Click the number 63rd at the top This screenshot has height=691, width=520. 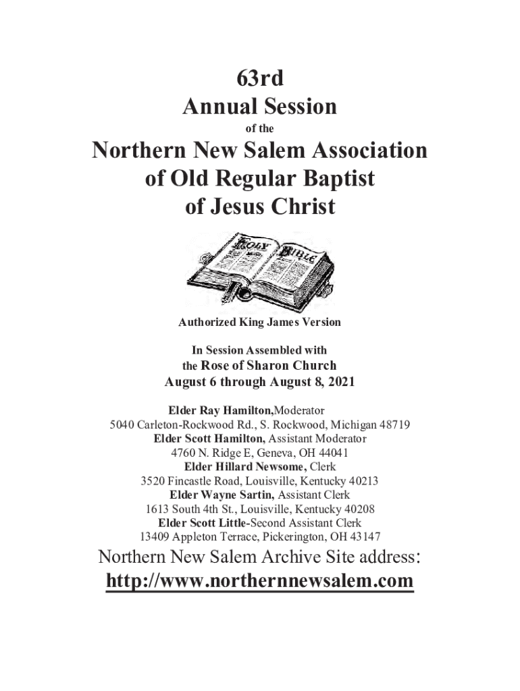pyautogui.click(x=259, y=79)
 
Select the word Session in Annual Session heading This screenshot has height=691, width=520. pyautogui.click(x=298, y=107)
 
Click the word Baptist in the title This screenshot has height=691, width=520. pyautogui.click(x=336, y=178)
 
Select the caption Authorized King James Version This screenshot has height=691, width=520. pyautogui.click(x=259, y=323)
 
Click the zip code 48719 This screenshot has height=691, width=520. pyautogui.click(x=395, y=425)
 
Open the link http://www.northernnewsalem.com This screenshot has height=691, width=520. pyautogui.click(x=259, y=581)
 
